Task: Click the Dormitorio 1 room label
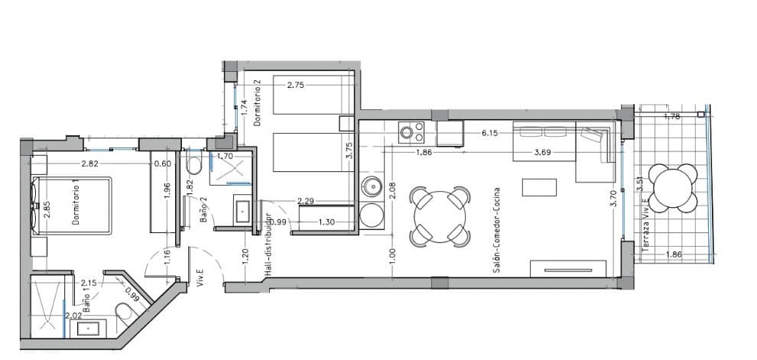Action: pyautogui.click(x=76, y=207)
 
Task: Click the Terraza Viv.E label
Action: pyautogui.click(x=645, y=226)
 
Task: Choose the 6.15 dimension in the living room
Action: pyautogui.click(x=490, y=133)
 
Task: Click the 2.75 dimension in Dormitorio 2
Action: pyautogui.click(x=296, y=85)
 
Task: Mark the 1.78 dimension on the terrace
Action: pyautogui.click(x=672, y=117)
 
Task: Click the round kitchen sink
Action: pyautogui.click(x=372, y=186)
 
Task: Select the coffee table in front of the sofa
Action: pyautogui.click(x=540, y=187)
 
